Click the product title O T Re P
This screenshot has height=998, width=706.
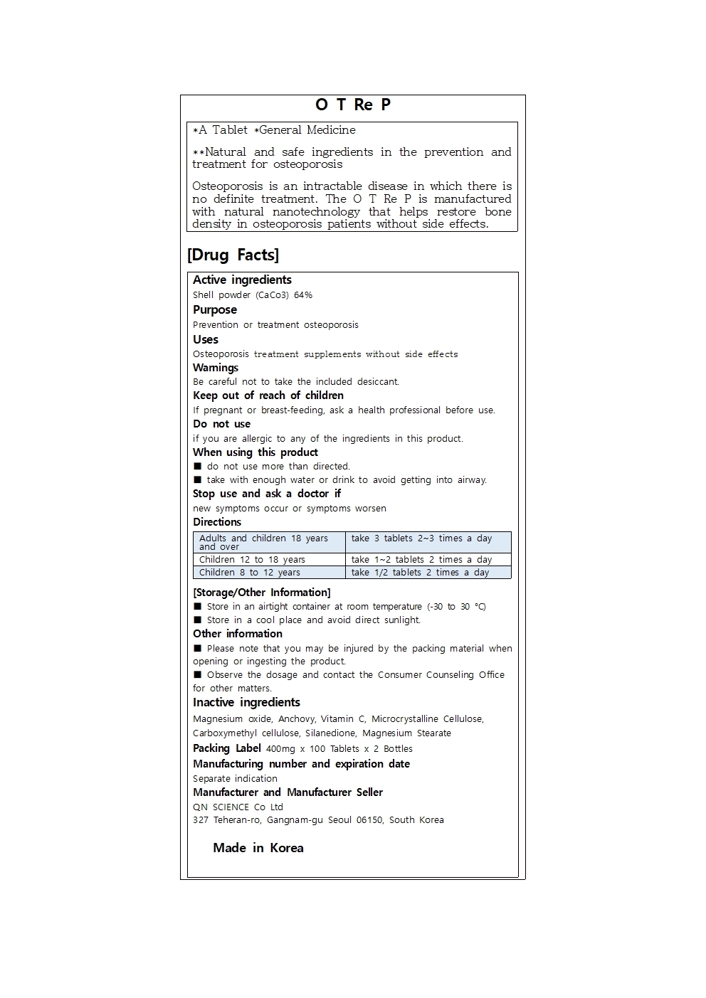click(x=353, y=105)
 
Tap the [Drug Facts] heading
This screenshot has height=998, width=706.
click(x=233, y=255)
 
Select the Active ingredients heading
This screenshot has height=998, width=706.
click(x=242, y=280)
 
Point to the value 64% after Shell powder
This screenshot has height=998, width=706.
click(x=303, y=295)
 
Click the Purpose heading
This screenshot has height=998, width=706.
click(x=215, y=310)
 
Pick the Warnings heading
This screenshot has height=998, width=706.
click(x=216, y=368)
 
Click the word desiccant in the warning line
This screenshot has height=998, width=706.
click(x=378, y=382)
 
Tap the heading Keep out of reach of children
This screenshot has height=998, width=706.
click(x=268, y=396)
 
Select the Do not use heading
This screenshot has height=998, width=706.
click(x=221, y=424)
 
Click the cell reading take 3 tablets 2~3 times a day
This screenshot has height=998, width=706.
click(x=421, y=538)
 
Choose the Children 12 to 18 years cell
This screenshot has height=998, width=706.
click(x=252, y=560)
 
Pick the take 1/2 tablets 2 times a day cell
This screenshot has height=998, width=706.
click(x=420, y=573)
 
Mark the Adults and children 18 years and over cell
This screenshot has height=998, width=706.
click(x=263, y=542)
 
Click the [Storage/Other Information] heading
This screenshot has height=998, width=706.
click(x=262, y=593)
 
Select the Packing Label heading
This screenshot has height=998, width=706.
click(x=227, y=748)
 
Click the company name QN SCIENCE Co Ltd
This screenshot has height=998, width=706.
click(x=238, y=807)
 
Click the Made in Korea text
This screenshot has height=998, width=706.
click(x=258, y=848)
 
